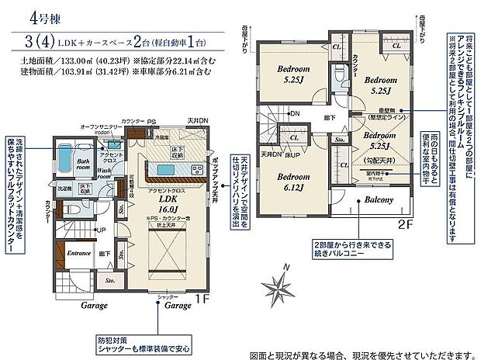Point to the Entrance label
tap(79, 254)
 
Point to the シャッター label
tap(168, 298)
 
